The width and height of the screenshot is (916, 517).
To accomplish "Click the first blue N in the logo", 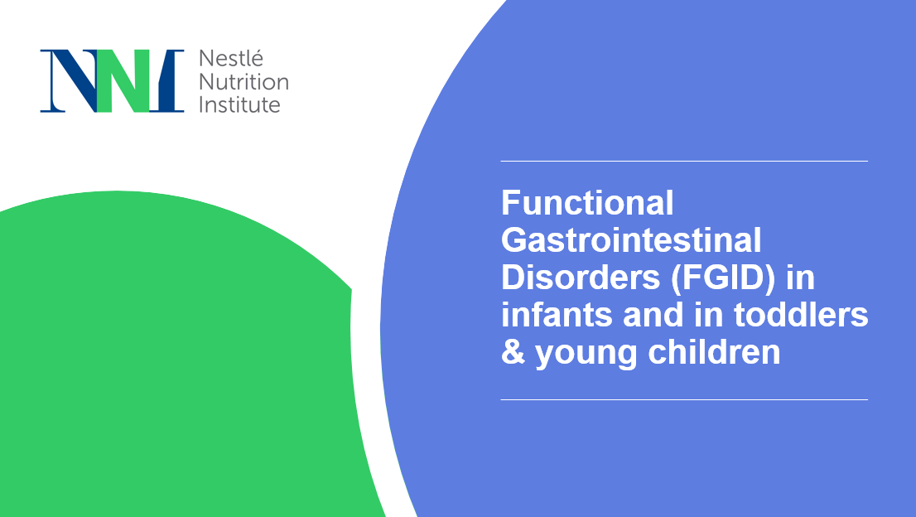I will (x=66, y=81).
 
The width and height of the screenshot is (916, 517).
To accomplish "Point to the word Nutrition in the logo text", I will (x=243, y=82).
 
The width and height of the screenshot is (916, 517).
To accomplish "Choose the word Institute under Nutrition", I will (x=240, y=104).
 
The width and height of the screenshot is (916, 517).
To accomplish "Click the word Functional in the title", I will (x=587, y=202).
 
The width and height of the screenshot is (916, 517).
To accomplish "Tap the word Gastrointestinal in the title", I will (x=631, y=240).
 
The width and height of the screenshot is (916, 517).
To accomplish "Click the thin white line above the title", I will (x=684, y=161).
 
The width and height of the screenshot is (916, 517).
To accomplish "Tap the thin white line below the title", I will (x=684, y=399).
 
